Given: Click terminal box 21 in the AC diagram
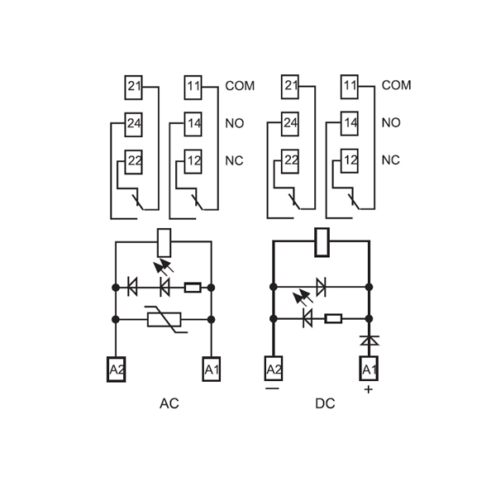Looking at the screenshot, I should (134, 86).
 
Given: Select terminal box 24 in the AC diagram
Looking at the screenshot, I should (134, 124).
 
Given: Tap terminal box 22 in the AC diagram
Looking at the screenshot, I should (134, 161).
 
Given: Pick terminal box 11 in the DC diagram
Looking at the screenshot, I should (350, 86).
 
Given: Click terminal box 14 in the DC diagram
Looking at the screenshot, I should (350, 124).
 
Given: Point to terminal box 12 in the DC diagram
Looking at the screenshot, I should (350, 161).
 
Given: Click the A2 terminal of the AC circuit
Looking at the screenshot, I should (116, 369).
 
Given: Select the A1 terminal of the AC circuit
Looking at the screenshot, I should (212, 369).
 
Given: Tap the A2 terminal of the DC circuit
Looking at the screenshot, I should (273, 369).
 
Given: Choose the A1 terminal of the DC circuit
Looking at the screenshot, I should (369, 369).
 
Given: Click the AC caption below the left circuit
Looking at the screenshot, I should (169, 404).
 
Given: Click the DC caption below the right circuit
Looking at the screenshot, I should (325, 404).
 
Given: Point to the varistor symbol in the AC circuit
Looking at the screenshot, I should (164, 319).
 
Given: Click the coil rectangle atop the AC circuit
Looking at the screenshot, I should (164, 241).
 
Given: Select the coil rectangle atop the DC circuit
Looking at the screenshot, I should (322, 241).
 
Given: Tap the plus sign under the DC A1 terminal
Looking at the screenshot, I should (369, 389).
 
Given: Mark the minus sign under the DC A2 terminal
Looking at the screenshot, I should (273, 388).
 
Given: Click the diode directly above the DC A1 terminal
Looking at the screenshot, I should (369, 340).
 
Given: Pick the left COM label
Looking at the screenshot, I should (240, 86).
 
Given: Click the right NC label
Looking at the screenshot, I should (391, 160).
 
